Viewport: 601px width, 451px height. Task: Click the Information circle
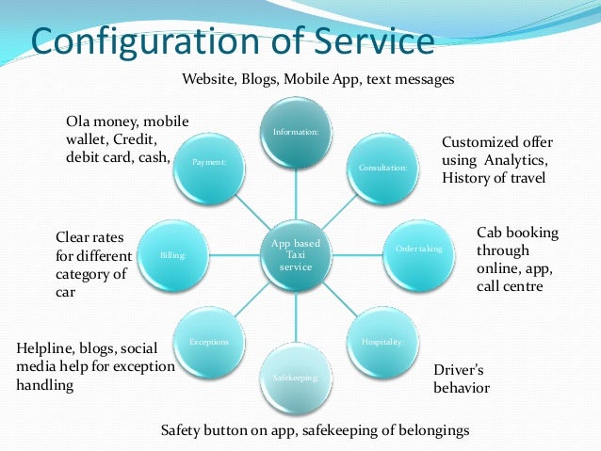click(296, 133)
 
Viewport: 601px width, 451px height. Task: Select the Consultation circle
click(382, 167)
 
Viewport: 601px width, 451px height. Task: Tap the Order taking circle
click(418, 249)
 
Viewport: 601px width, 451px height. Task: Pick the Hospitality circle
click(382, 342)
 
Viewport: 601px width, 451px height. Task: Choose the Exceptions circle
click(209, 342)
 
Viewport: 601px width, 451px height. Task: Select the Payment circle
click(209, 162)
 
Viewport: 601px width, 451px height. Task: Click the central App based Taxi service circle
click(296, 255)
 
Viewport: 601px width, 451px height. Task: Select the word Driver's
click(461, 369)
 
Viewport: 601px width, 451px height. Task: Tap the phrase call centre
click(510, 285)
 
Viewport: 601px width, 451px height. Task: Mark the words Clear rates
click(91, 237)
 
